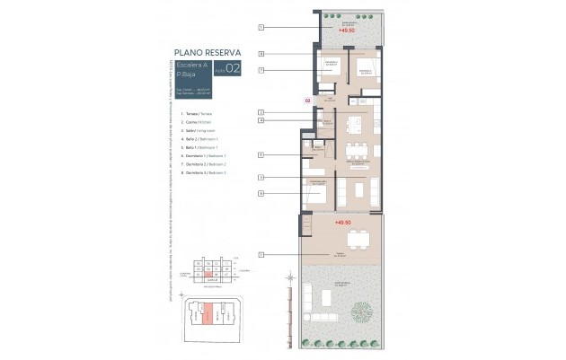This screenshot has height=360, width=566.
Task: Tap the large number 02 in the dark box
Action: [233, 68]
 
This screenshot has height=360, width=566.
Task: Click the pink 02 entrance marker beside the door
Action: [307, 101]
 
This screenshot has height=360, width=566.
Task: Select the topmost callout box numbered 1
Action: [260, 28]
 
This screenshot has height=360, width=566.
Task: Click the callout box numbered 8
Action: [260, 54]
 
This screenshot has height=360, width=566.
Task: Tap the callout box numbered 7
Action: [260, 70]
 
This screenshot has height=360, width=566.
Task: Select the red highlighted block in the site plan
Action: [208, 314]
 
